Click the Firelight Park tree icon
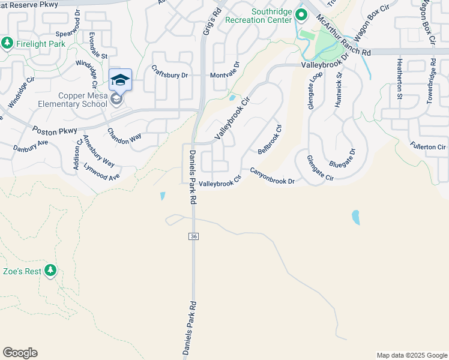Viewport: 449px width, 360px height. [x=7, y=43]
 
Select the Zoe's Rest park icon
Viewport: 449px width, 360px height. [x=50, y=271]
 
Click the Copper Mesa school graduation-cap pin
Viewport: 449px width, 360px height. [x=120, y=80]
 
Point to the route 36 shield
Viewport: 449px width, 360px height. [x=193, y=236]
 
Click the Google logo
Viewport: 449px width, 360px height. [x=20, y=353]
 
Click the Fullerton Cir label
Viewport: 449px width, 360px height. [x=428, y=146]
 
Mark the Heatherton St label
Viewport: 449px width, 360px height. [x=399, y=75]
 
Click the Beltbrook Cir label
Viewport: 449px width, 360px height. [x=270, y=138]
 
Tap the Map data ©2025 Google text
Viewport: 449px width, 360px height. [x=412, y=355]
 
